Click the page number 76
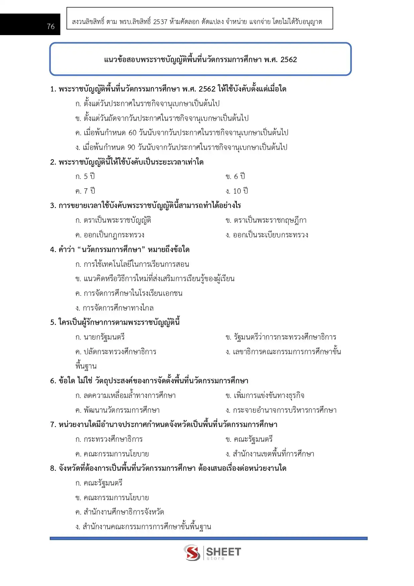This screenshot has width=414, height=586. [51, 26]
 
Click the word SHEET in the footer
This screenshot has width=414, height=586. [223, 551]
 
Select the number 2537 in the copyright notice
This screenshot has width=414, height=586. [160, 22]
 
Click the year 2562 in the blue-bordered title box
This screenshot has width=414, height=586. [288, 60]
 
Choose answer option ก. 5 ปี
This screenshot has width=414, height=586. [85, 176]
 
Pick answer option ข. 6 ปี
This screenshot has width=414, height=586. [235, 176]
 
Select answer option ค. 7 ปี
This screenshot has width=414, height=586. [85, 191]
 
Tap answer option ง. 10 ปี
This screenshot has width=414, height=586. [237, 191]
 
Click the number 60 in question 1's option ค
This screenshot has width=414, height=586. [133, 133]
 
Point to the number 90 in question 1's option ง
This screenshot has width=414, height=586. [132, 147]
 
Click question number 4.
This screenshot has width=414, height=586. [52, 250]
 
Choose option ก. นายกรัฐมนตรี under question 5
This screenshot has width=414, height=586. [100, 337]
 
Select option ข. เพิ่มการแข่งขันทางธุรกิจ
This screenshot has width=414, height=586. [265, 396]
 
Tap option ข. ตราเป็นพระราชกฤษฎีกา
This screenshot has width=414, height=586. [266, 220]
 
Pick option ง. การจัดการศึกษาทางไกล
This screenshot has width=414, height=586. [115, 308]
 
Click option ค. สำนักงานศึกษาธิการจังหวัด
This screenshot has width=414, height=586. [120, 512]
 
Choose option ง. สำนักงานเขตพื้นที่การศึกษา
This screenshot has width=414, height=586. [270, 454]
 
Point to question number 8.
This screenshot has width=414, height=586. [52, 468]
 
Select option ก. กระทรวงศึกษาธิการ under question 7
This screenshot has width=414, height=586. [109, 439]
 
